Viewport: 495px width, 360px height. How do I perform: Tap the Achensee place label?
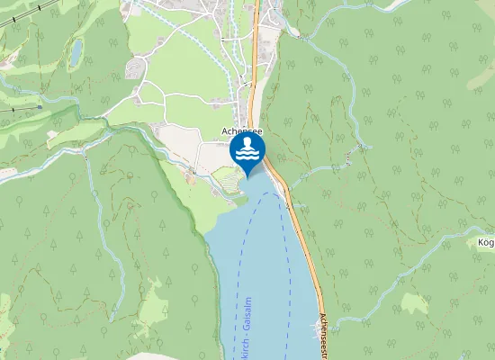point(240,131)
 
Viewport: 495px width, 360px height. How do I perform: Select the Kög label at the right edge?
point(486,242)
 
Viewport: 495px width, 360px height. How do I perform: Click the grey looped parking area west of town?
point(135,68)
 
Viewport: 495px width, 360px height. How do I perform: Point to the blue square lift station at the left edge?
point(40,106)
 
